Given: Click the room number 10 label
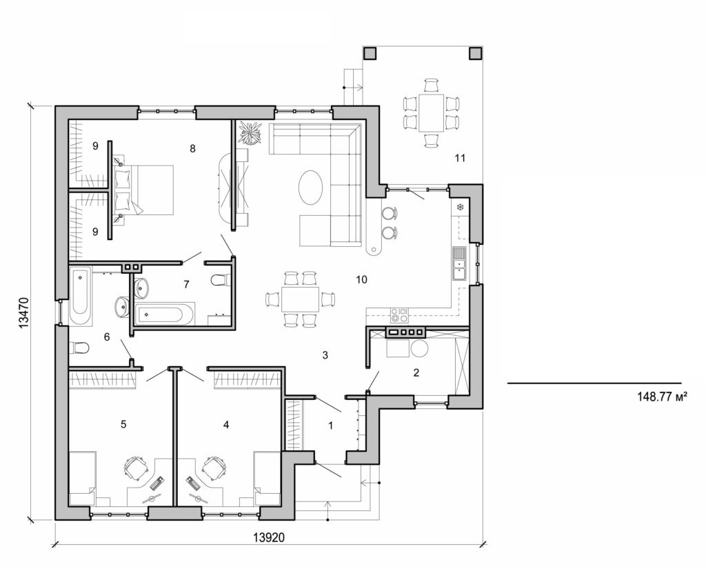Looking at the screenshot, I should pos(361,279).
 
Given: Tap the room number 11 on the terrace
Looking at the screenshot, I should pos(461,158).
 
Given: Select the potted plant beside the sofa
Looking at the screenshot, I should pos(248,132).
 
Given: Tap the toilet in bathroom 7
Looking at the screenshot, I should pos(219,279).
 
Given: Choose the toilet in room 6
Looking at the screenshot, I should pos(77,347).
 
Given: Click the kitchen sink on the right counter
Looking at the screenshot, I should pos(459,262).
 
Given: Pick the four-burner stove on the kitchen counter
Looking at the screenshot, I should pos(399,315).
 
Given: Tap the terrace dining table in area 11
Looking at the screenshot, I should pos(432,112).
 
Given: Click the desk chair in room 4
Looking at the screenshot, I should pos(214,468).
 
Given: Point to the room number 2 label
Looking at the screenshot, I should pos(416,372).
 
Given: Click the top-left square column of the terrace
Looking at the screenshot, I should pos(370,53).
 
